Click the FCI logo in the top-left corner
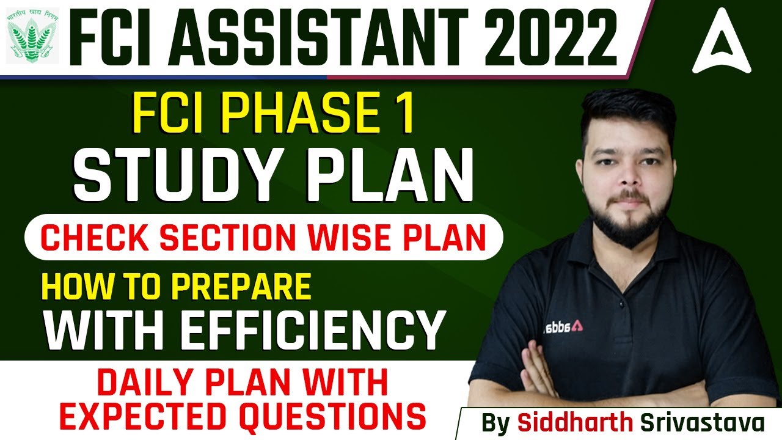34,36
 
